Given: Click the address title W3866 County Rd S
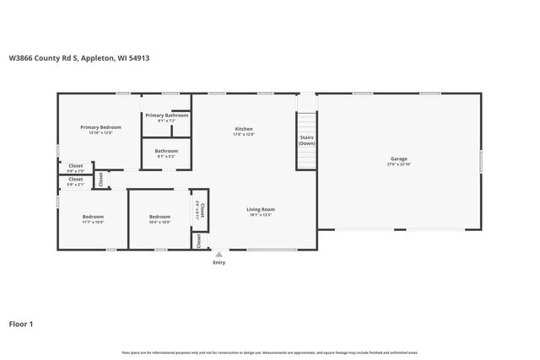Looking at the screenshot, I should pos(79,58).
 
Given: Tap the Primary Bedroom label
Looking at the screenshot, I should pos(96,127).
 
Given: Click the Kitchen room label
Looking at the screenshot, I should pos(244,128).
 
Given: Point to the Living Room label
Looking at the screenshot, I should pos(261,209).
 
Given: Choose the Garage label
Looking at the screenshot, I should pos(398,159).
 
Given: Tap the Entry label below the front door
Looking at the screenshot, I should pos(219,262).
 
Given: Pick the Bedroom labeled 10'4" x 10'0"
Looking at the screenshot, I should pos(159,217).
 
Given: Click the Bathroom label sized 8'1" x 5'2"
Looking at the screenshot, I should pos(166,151).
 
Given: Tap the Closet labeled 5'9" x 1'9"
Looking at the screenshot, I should pos(76,166).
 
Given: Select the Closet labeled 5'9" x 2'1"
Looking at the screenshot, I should pos(76,179).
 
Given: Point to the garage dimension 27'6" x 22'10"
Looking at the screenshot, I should pos(398,164).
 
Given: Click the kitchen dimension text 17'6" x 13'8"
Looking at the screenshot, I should pos(244,134).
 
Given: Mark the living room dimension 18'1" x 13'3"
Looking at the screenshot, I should pos(261,215).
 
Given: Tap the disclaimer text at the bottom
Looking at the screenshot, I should pos(270,352).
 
